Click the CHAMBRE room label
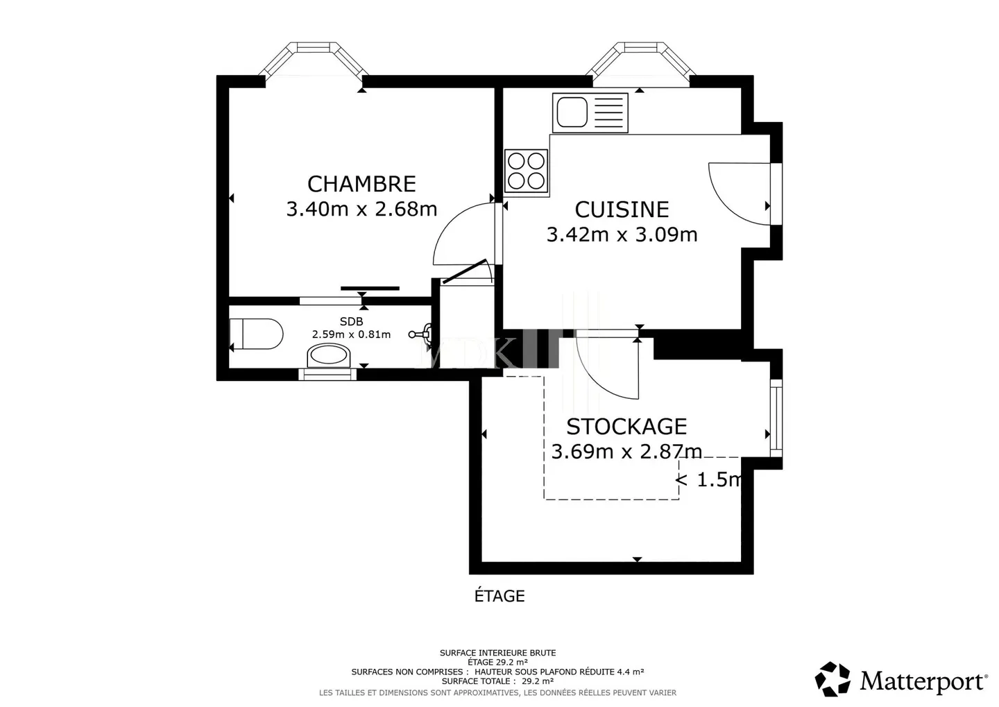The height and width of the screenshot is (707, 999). click(x=361, y=184)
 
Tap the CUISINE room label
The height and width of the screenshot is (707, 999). click(x=622, y=210)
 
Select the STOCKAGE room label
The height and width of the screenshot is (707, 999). click(x=626, y=426)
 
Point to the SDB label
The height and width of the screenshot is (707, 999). click(x=351, y=321)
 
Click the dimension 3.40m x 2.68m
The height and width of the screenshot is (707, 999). click(x=361, y=209)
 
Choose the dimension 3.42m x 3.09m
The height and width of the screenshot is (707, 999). click(x=622, y=235)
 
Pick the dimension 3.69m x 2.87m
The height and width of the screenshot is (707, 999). click(x=626, y=452)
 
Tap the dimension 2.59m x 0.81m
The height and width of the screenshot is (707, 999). click(x=351, y=334)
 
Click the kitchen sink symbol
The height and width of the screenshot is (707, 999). click(x=590, y=113)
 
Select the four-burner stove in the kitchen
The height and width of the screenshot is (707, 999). click(x=527, y=171)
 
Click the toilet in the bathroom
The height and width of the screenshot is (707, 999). click(x=257, y=334)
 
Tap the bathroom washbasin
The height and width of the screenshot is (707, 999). click(x=329, y=356)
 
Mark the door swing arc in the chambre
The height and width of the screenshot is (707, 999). click(x=458, y=232)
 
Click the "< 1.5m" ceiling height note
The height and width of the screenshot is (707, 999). click(x=708, y=479)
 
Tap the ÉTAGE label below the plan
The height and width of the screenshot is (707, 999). click(x=499, y=596)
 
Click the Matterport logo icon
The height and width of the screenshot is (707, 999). click(x=832, y=679)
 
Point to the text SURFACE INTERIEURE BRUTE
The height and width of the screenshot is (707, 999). click(x=497, y=653)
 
